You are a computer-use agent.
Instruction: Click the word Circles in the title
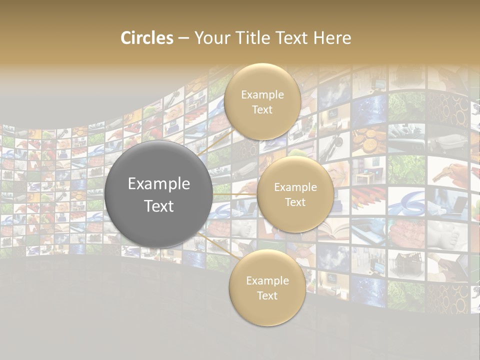146,38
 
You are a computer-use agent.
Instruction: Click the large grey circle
158,194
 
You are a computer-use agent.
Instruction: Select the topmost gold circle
262,102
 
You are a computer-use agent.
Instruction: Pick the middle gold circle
295,194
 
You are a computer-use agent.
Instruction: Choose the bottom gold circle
267,288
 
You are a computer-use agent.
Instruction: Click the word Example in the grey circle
158,183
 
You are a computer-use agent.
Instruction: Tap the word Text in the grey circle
158,206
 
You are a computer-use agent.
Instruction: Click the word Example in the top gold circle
262,94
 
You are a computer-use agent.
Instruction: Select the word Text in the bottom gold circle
267,295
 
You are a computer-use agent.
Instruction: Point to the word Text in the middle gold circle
295,202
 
